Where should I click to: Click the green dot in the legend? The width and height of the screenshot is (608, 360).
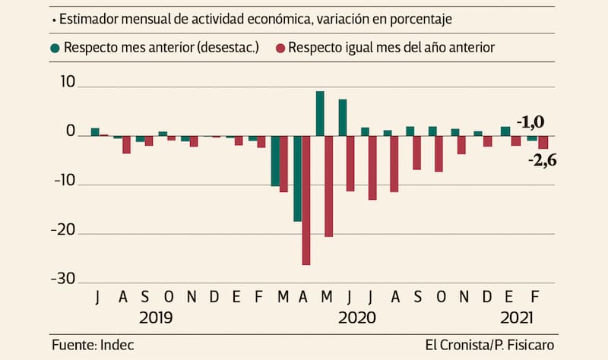pos(55,48)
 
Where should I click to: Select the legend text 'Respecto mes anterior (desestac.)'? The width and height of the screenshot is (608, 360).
pos(161,48)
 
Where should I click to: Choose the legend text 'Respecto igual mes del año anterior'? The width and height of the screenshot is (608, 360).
pos(392,48)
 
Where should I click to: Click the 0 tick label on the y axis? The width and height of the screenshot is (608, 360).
pos(72,132)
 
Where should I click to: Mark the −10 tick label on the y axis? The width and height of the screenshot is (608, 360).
pos(65,182)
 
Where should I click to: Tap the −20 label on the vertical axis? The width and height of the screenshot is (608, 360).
pos(65,231)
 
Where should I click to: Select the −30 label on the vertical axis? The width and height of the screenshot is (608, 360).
pos(65,279)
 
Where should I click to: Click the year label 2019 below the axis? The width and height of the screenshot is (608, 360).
pos(155,317)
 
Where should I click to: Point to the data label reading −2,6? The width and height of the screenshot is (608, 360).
pos(541,160)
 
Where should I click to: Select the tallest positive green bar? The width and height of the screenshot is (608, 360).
pos(320,113)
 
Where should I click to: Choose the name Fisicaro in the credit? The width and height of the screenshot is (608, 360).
pos(532,345)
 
